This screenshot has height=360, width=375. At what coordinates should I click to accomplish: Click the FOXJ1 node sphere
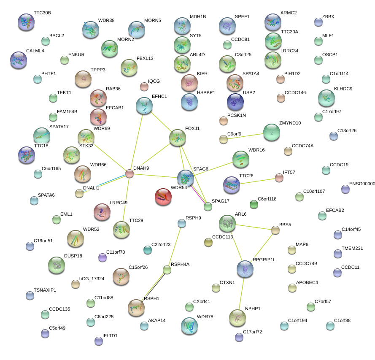click(178, 138)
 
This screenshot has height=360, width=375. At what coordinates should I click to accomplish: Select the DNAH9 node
click(129, 173)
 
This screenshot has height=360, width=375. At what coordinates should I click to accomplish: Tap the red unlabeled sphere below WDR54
click(163, 197)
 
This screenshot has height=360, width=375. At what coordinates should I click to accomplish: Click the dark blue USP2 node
click(235, 101)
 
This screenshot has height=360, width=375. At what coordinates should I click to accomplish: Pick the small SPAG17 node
click(208, 206)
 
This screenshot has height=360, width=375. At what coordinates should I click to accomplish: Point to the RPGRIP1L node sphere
click(245, 269)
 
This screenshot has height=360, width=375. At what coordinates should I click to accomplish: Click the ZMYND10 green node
click(272, 132)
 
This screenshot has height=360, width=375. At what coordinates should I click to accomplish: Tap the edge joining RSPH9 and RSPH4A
click(175, 246)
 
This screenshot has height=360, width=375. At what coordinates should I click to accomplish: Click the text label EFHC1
click(159, 97)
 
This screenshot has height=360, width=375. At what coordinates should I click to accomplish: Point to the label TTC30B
click(42, 13)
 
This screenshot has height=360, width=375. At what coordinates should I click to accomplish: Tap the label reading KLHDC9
click(343, 89)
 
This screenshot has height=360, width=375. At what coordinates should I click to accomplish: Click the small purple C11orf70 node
click(102, 257)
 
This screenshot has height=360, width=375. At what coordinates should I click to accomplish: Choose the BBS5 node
click(275, 230)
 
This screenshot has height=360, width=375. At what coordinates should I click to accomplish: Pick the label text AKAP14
click(157, 320)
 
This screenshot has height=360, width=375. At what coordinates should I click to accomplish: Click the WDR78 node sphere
click(189, 325)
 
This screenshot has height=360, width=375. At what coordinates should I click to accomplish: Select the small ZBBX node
click(318, 22)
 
